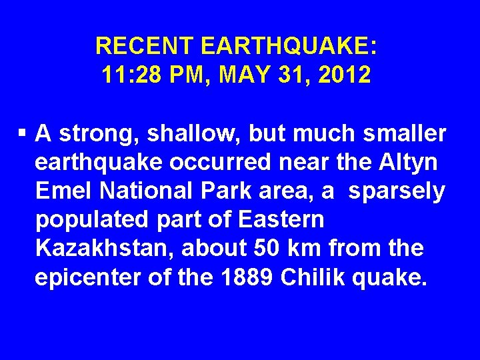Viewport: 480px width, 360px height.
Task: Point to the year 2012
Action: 344,75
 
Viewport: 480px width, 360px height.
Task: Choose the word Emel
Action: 64,191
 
